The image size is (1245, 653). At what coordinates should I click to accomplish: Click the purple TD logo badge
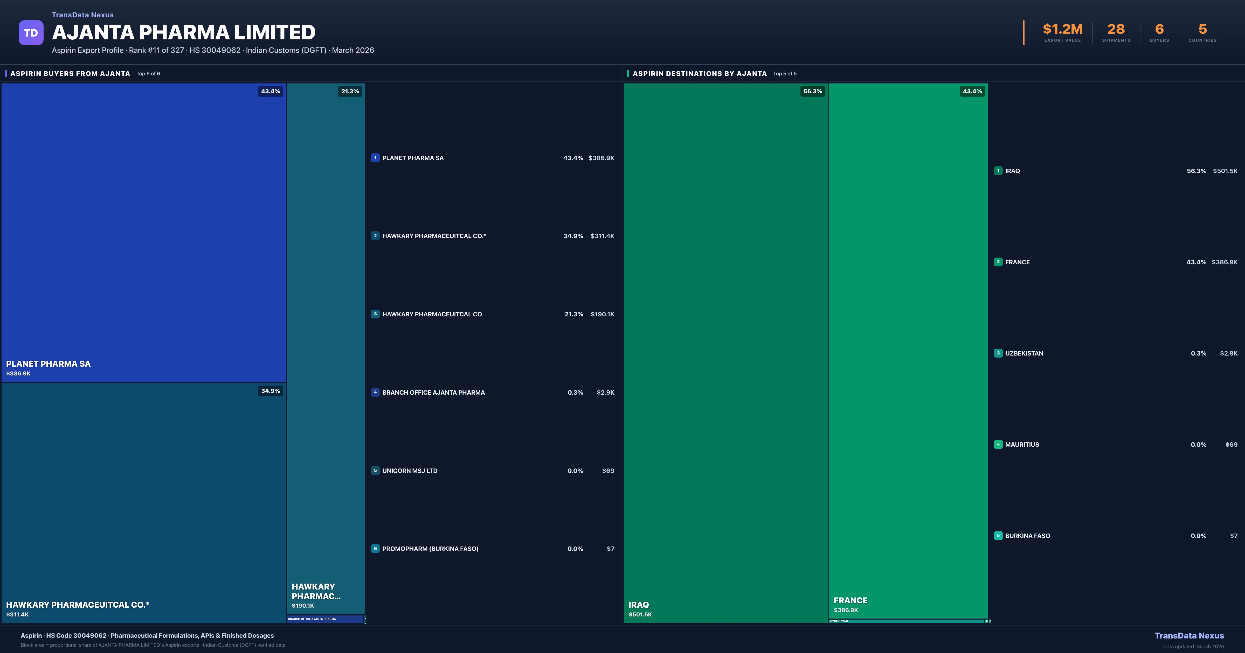coord(31,33)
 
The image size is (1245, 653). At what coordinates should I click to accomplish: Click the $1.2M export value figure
coord(1062,30)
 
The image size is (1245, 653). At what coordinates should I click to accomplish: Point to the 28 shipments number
coord(1116,30)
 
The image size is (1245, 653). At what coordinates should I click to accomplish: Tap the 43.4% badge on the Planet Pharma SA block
coord(270,91)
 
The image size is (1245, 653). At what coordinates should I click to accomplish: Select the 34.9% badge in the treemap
coord(270,391)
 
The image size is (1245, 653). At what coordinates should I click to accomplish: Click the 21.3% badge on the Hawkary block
coord(350,91)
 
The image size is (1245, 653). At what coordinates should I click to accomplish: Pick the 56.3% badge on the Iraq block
coord(812,91)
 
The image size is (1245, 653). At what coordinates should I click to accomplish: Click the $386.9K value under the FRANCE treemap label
coord(846,610)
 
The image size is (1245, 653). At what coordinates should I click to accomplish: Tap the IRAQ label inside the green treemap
coord(638,605)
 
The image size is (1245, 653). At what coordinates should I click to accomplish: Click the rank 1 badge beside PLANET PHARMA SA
coord(375,158)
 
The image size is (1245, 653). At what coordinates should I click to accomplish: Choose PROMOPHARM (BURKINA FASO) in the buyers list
coord(430,549)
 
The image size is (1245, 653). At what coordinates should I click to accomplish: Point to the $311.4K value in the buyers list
coord(602,236)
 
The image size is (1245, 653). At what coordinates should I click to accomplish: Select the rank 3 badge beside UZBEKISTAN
coord(998,353)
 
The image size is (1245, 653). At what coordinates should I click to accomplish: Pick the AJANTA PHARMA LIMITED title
coord(184,32)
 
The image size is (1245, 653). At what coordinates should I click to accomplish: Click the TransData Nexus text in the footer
coord(1189,636)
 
